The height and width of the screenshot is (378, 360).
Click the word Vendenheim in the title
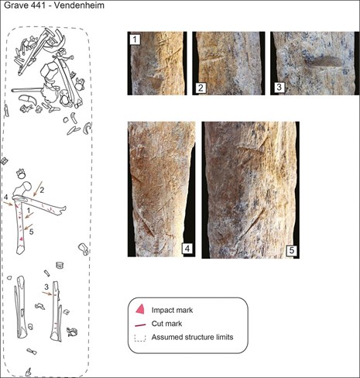78,5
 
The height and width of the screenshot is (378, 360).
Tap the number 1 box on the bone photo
135,40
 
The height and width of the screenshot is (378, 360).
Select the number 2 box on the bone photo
201,88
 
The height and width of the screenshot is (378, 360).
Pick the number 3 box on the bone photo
279,87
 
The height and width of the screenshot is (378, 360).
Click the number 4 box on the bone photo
187,249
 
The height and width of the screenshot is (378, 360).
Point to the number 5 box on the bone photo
292,250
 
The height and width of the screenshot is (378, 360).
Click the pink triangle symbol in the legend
140,309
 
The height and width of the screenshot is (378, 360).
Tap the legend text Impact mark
172,310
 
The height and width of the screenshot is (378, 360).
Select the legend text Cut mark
166,324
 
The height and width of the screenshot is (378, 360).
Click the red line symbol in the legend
140,325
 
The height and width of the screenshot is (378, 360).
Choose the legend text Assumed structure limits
192,337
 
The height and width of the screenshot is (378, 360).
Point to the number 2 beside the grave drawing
42,191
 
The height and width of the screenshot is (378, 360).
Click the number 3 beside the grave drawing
46,287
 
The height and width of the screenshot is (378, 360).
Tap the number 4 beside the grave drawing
6,198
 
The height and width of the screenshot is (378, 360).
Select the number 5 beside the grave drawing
31,232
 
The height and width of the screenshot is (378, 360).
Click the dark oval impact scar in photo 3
323,62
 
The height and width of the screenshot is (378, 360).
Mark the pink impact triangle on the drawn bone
22,239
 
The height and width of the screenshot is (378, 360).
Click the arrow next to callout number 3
47,294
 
